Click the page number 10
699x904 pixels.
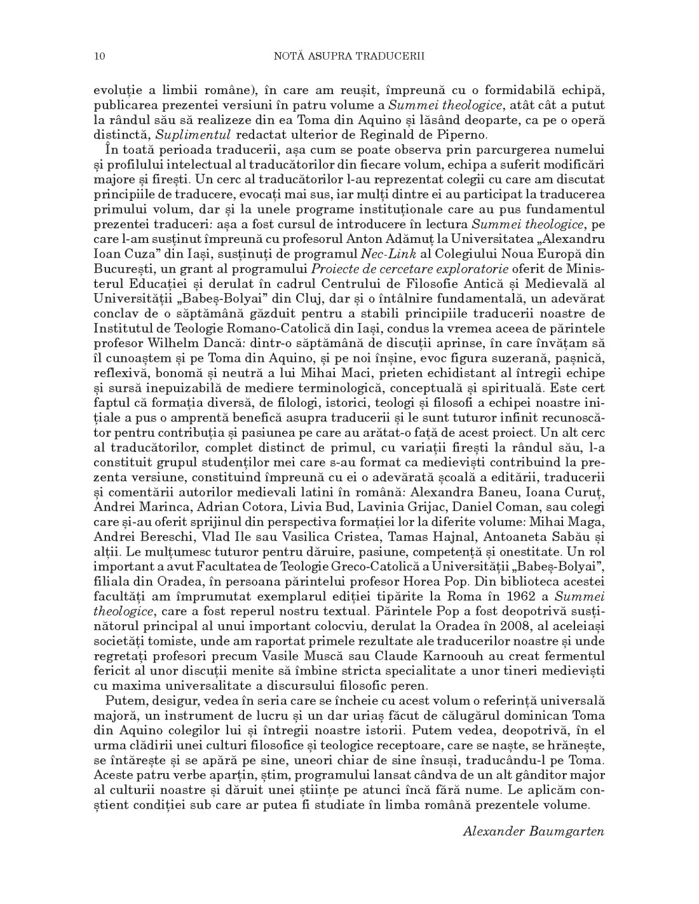click(x=99, y=57)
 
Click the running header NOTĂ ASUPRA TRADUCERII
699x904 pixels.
click(x=349, y=57)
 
